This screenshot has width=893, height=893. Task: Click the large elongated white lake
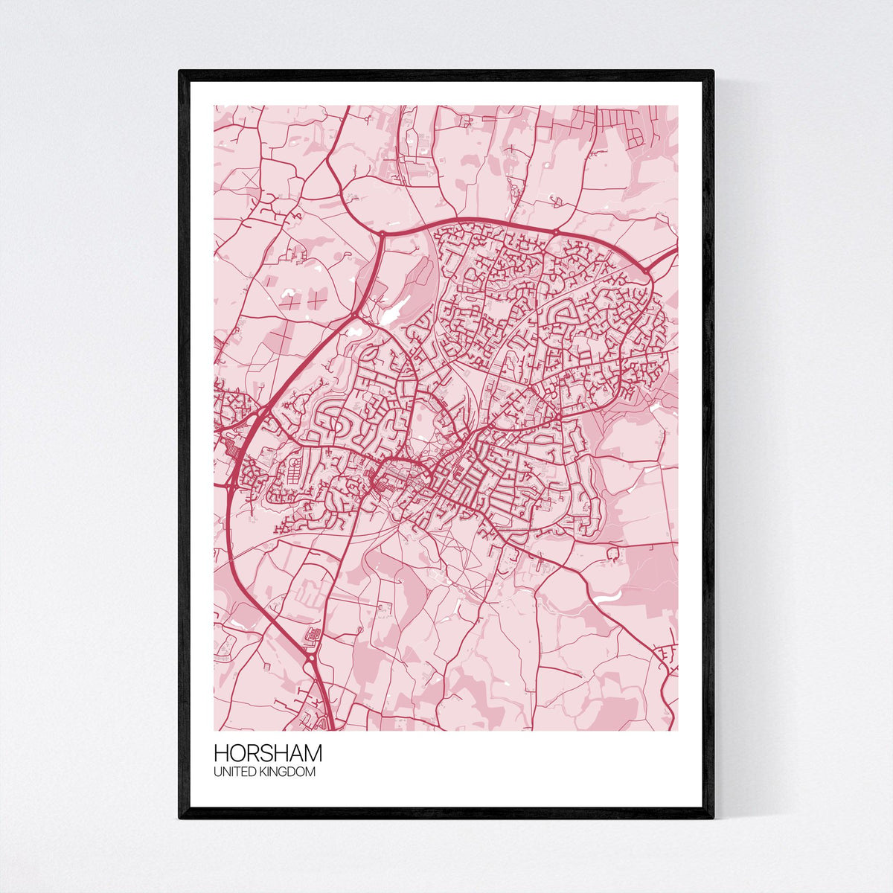[x=392, y=310]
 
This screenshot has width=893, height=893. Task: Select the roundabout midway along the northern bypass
[x=555, y=233]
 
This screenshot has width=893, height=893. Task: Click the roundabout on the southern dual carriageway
[x=310, y=657]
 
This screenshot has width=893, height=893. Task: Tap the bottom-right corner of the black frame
[x=712, y=817]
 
